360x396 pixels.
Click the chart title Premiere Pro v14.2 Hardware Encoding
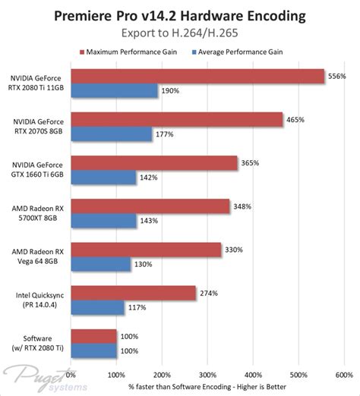[179, 16]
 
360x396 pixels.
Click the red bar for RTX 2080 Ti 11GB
[197, 76]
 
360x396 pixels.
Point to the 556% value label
[336, 76]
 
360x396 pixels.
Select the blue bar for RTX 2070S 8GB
[111, 134]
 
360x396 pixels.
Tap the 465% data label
[295, 119]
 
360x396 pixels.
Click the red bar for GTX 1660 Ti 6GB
[154, 162]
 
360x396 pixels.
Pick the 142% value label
[148, 178]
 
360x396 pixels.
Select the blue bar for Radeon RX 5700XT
[104, 221]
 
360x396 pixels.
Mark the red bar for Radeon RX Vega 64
[147, 249]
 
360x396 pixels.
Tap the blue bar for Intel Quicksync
[98, 307]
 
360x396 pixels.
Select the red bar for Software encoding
[94, 335]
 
